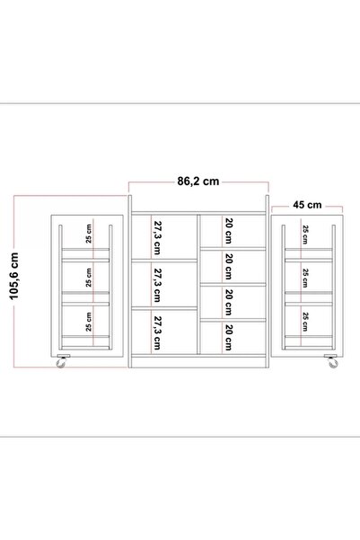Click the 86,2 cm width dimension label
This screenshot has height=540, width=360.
click(198, 181)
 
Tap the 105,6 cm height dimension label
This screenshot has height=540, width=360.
click(14, 276)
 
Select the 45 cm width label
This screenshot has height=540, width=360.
click(307, 205)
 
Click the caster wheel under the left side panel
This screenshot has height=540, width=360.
click(62, 361)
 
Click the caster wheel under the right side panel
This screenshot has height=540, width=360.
click(332, 361)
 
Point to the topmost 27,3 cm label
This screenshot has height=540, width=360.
click(157, 237)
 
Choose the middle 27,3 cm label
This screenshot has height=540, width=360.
click(157, 286)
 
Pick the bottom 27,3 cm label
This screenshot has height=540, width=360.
click(157, 333)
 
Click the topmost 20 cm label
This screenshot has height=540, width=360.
click(229, 231)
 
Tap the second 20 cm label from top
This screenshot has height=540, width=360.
click(229, 267)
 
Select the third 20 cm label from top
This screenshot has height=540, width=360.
click(229, 303)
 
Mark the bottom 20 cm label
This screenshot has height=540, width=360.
click(229, 338)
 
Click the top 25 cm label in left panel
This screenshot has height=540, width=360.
click(89, 234)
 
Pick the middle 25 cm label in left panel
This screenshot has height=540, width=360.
click(89, 278)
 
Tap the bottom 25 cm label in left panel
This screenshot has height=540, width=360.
click(89, 322)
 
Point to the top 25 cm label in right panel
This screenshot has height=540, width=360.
click(305, 235)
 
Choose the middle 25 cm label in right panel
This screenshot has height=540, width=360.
click(305, 279)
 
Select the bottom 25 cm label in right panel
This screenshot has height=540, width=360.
click(305, 322)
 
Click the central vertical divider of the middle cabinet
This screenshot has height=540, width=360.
click(198, 284)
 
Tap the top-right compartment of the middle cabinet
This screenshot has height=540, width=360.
click(233, 231)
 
